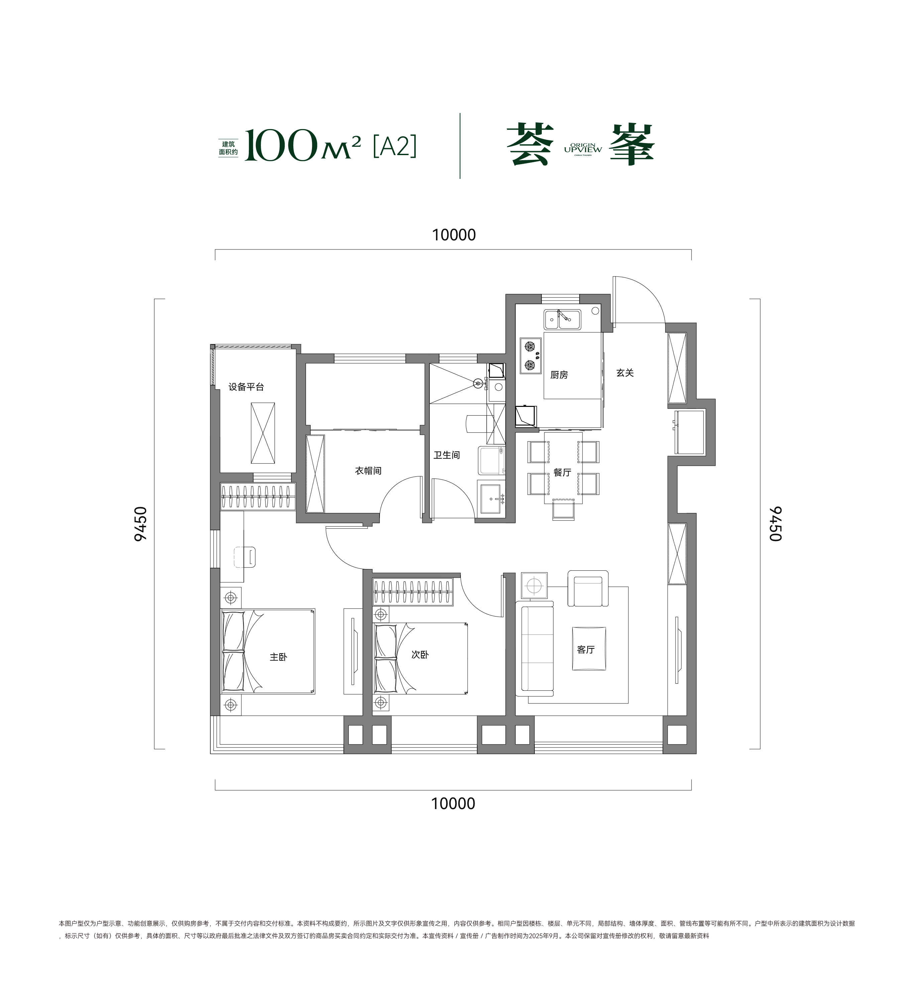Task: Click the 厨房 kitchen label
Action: pos(559,375)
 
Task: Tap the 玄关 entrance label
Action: pos(625,373)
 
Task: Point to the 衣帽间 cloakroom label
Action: pos(368,471)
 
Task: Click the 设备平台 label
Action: pos(246,386)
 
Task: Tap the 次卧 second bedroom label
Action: pos(420,655)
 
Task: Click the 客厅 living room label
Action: pos(586,650)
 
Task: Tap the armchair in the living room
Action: pos(588,588)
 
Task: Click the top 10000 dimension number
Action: pos(454,235)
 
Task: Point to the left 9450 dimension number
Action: pos(141,524)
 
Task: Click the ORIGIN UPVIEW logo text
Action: pos(583,148)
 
